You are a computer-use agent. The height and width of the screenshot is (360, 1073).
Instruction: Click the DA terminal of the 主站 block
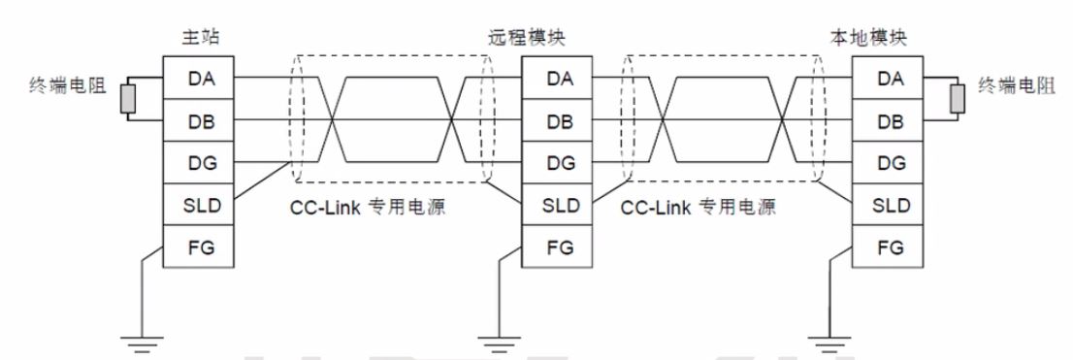[197, 79]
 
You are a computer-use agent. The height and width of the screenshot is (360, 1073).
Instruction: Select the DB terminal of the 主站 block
[197, 121]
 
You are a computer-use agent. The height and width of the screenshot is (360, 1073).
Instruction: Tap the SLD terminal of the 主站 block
[197, 206]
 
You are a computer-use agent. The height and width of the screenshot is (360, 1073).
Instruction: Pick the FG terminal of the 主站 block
[197, 247]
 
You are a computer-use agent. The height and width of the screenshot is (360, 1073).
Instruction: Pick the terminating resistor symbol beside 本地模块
[958, 99]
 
